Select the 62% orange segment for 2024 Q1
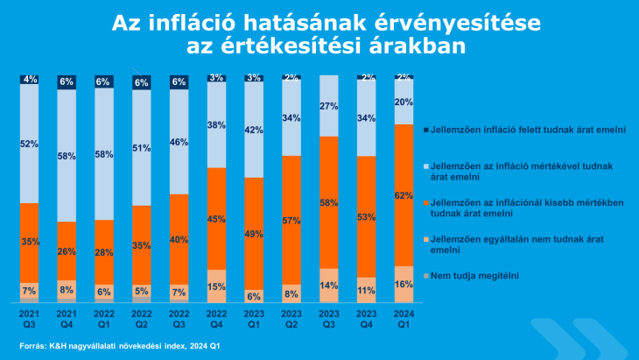pyautogui.click(x=404, y=195)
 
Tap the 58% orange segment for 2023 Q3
pyautogui.click(x=329, y=202)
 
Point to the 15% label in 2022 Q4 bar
pyautogui.click(x=217, y=286)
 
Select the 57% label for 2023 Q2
pyautogui.click(x=291, y=219)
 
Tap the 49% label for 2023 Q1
pyautogui.click(x=255, y=234)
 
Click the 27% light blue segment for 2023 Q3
pyautogui.click(x=329, y=106)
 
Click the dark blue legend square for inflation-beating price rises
pyautogui.click(x=425, y=131)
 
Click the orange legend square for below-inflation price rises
pyautogui.click(x=425, y=202)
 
